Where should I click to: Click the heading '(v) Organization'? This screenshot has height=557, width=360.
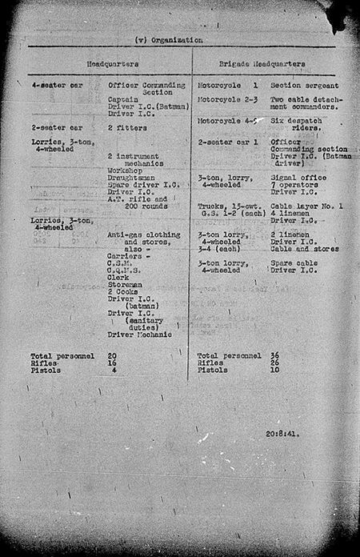(x=170, y=39)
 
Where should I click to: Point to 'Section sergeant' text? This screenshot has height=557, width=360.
(x=305, y=84)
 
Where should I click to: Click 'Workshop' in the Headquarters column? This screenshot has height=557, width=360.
(x=128, y=170)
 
